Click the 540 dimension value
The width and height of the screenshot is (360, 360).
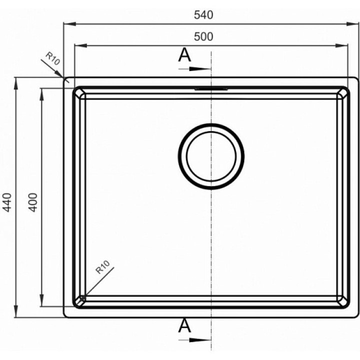[x=203, y=15]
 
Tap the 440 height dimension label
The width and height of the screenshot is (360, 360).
[x=7, y=202]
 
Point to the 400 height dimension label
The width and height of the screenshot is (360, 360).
[x=33, y=202]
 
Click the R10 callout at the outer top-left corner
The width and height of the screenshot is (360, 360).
[x=53, y=58]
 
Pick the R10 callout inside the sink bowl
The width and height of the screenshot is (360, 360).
[x=102, y=267]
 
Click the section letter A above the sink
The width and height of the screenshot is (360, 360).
[x=184, y=55]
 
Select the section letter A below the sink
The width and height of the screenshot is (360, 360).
[x=184, y=326]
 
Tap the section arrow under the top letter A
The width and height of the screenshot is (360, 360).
[x=194, y=68]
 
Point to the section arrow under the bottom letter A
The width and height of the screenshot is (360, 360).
[x=194, y=340]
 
